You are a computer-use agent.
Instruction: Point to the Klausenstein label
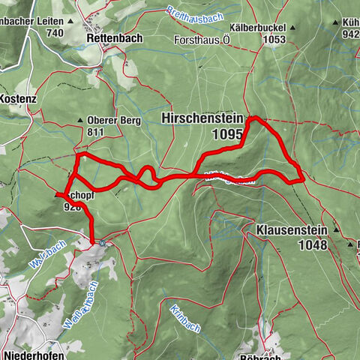(291, 229)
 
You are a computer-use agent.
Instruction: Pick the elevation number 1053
(275, 39)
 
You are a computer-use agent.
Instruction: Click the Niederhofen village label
(29, 352)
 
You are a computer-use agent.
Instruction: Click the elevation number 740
(53, 34)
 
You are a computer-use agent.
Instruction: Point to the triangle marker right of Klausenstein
(348, 244)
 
